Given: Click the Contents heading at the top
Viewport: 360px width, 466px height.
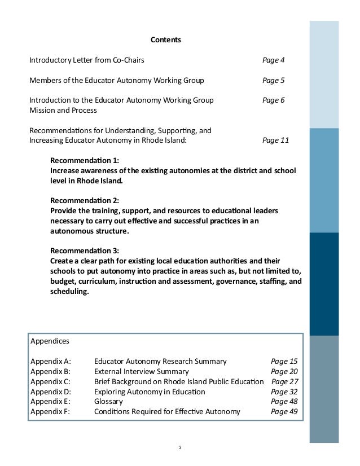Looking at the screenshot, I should tap(165, 40).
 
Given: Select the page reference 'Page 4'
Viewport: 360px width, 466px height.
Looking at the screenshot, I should tap(273, 60).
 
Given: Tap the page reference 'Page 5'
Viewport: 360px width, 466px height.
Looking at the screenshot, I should tap(273, 80).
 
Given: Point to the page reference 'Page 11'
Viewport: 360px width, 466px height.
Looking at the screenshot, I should tap(275, 140).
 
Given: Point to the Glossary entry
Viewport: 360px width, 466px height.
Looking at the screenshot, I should tap(108, 402).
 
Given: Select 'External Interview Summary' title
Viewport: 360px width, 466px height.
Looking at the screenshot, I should tap(141, 372).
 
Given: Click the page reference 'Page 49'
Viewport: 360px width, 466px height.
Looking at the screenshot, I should tap(284, 412).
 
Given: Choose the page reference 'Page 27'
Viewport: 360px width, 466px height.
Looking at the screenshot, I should tap(284, 382).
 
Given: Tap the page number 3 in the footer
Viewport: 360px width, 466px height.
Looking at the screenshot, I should tap(179, 448).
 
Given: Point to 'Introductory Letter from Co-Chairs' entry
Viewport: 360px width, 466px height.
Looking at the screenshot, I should tap(90, 60).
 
